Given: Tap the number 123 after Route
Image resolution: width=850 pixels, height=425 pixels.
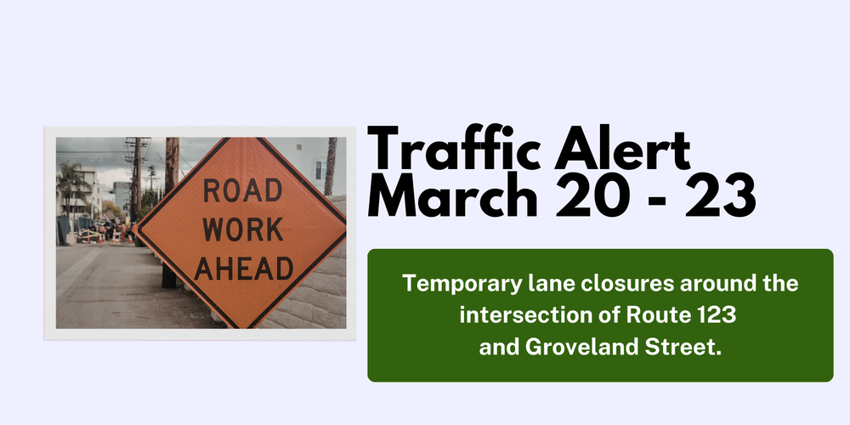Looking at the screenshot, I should (715, 315).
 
